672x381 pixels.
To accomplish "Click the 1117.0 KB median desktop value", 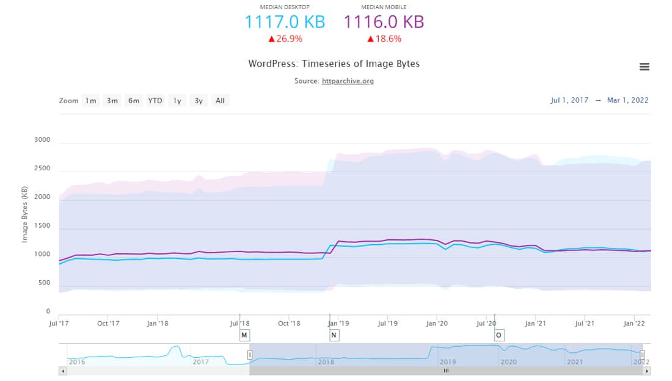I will point(285,22).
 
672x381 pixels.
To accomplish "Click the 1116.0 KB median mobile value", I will point(384,22).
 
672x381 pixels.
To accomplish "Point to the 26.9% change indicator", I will point(285,39).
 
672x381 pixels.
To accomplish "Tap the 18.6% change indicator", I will point(384,39).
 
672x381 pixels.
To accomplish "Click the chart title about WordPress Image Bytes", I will point(334,64).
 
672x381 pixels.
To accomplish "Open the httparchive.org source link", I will point(348,81).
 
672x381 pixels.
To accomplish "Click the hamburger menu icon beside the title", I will point(645,67).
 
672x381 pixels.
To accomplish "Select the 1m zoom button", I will point(90,101).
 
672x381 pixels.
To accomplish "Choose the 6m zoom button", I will point(133,101).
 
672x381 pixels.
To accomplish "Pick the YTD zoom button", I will point(155,101).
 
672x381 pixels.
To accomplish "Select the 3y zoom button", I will point(199,101).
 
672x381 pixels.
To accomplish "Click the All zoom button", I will point(220,101).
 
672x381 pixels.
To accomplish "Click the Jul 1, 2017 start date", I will point(569,100).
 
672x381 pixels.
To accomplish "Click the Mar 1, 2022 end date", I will point(627,100).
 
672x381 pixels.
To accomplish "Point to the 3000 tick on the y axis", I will point(42,140).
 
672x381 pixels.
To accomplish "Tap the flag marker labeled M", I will point(244,335).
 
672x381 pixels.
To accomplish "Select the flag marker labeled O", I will point(499,335).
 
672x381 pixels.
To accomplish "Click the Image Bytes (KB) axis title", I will point(25,214).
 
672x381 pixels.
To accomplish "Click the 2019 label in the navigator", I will point(448,362).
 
